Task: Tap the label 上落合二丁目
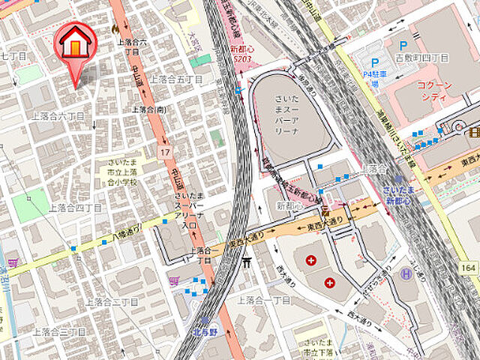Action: click(112, 301)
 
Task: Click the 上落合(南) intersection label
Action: click(148, 109)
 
